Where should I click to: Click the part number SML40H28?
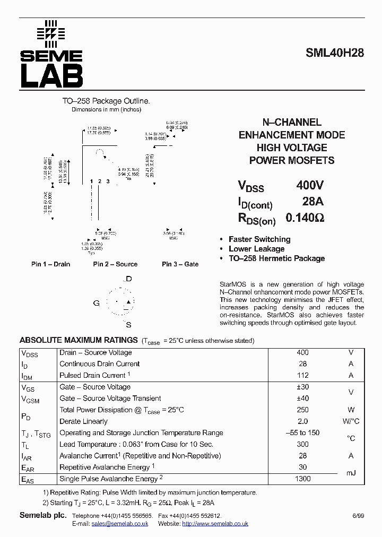(334, 53)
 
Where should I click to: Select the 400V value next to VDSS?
(310, 185)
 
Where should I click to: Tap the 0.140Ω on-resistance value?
(305, 218)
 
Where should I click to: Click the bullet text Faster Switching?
(259, 239)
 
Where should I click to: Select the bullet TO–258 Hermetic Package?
(276, 258)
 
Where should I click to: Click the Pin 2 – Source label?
(115, 264)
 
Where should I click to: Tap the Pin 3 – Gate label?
(180, 264)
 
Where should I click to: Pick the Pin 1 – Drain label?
(50, 264)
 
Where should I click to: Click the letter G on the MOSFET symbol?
(97, 303)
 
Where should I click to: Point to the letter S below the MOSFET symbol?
(128, 325)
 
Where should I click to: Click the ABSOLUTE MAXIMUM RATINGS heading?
(79, 340)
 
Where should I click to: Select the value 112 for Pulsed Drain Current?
(302, 375)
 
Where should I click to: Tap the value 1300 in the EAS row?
(302, 479)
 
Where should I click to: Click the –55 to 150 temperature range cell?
(302, 432)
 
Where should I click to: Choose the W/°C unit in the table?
(351, 421)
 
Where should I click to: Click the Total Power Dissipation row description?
(121, 410)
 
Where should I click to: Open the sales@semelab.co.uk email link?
(119, 524)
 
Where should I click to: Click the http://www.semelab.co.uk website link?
(215, 524)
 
